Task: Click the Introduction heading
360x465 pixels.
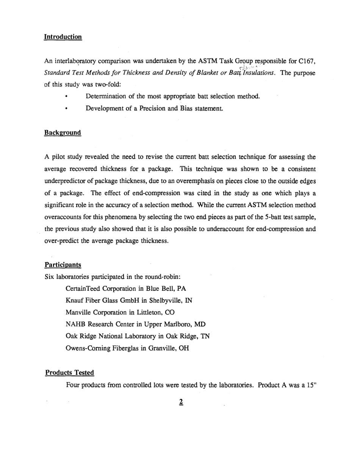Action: coord(63,37)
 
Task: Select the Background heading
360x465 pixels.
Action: coord(63,132)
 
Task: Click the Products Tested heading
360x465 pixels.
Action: coord(69,372)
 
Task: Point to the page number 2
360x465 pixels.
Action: coord(181,402)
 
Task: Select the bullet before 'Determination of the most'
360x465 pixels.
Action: coord(66,97)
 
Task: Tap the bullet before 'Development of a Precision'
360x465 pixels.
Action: coord(66,109)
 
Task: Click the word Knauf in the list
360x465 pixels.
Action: coord(74,300)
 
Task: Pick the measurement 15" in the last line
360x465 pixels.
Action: coord(311,385)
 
